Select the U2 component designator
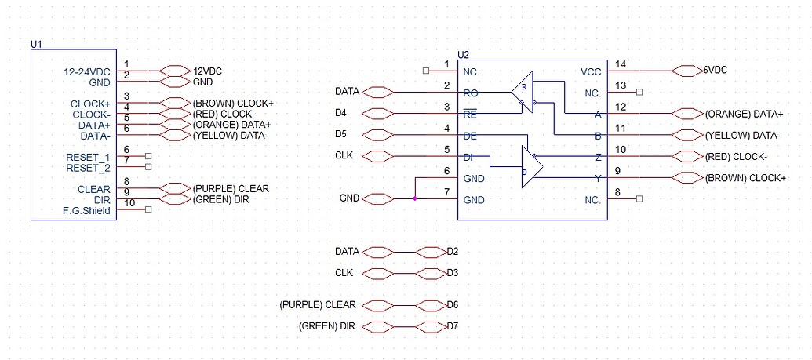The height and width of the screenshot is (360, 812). [463, 54]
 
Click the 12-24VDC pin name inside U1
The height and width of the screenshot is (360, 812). [87, 72]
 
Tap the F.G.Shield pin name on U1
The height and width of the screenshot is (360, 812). [86, 211]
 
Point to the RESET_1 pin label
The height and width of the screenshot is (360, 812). [88, 158]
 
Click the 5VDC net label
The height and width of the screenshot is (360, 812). [716, 70]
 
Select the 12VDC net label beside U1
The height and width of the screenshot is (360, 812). [207, 71]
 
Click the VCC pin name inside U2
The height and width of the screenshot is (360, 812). [591, 71]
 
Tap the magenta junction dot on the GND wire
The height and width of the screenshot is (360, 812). [414, 198]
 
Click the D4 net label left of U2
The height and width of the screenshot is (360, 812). [340, 113]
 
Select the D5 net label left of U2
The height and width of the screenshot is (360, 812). [340, 134]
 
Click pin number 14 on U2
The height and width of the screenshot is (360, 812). [622, 64]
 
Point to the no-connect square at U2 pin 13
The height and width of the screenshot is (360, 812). [640, 92]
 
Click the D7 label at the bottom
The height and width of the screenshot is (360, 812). [452, 325]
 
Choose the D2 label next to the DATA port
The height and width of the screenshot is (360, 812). [452, 252]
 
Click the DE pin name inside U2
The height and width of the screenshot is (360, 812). [471, 136]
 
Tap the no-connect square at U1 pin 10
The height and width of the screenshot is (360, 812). [147, 209]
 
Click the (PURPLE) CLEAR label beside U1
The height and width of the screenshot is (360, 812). [231, 188]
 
